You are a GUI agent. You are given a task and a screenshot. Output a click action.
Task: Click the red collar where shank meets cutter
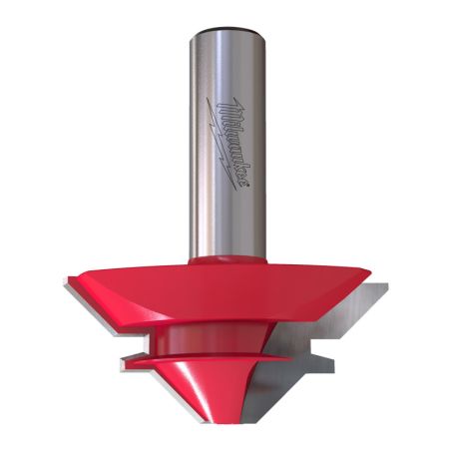click(225, 257)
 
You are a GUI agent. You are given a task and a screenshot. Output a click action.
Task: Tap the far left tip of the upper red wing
click(68, 279)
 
